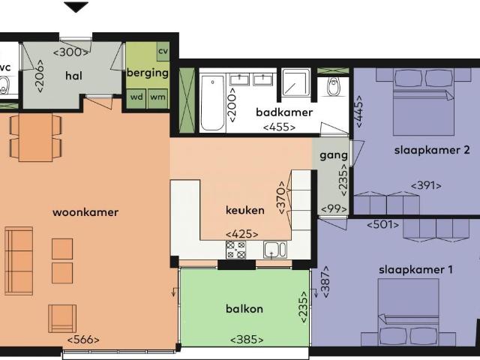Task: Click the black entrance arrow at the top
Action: pyautogui.click(x=76, y=7)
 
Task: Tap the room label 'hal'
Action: pyautogui.click(x=73, y=76)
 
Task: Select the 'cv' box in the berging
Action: pyautogui.click(x=163, y=51)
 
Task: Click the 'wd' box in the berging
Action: pyautogui.click(x=136, y=97)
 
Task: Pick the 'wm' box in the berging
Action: pyautogui.click(x=157, y=97)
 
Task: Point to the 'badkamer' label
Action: pyautogui.click(x=283, y=112)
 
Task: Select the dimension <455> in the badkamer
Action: pyautogui.click(x=279, y=127)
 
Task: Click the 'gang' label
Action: pyautogui.click(x=333, y=156)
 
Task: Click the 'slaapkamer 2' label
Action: pyautogui.click(x=431, y=150)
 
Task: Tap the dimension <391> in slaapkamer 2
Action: pyautogui.click(x=425, y=185)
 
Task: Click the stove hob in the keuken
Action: pyautogui.click(x=236, y=250)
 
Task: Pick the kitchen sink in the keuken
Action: pyautogui.click(x=274, y=250)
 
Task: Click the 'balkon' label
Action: pyautogui.click(x=244, y=309)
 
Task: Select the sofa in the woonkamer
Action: pyautogui.click(x=19, y=261)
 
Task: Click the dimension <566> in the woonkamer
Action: pyautogui.click(x=82, y=340)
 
